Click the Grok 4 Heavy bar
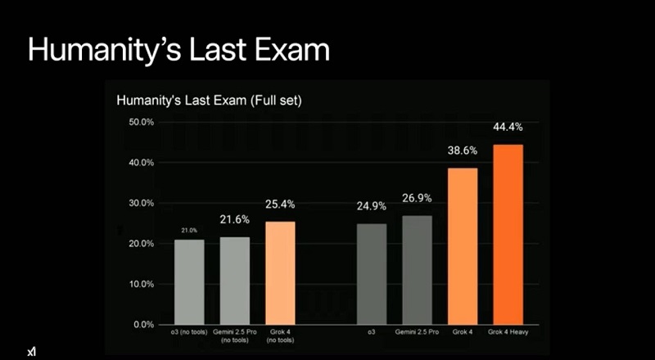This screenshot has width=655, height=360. [508, 234]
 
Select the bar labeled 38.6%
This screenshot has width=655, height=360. [463, 245]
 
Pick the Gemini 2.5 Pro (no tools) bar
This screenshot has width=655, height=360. [234, 281]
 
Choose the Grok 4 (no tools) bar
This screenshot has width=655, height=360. [281, 272]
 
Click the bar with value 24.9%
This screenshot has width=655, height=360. [372, 273]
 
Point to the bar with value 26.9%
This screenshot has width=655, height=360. [417, 269]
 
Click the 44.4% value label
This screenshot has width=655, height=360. [508, 128]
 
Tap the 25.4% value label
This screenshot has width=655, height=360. [280, 204]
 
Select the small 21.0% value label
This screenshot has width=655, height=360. [189, 231]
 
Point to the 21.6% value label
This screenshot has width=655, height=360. [234, 220]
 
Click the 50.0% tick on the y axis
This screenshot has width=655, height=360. [142, 122]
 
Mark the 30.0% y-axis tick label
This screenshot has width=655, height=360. [142, 203]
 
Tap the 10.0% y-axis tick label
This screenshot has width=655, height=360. [142, 284]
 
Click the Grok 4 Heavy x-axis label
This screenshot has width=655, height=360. [508, 333]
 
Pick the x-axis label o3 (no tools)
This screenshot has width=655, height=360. [189, 333]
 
